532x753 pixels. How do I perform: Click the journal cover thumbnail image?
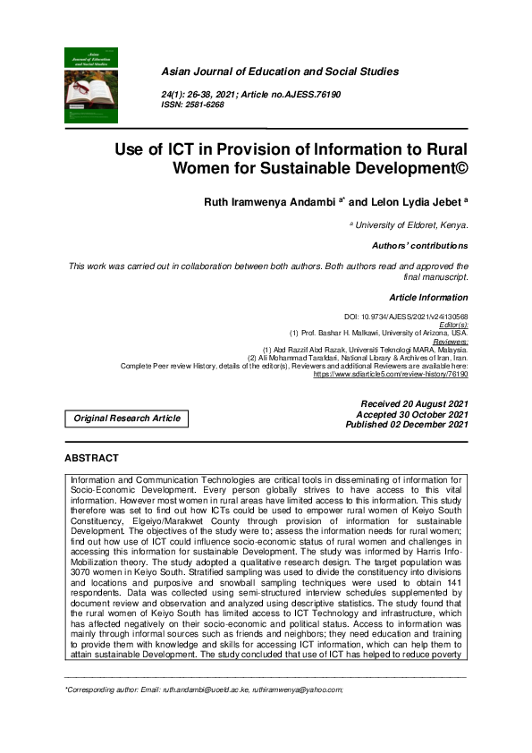(91, 85)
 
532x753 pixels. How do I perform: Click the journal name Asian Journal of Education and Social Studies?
(279, 72)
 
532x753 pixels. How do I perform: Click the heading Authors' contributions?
(419, 245)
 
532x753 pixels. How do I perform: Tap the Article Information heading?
(428, 296)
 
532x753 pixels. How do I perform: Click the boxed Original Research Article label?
(127, 418)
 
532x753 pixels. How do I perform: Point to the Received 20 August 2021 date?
(412, 404)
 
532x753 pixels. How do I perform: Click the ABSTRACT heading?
(91, 458)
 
